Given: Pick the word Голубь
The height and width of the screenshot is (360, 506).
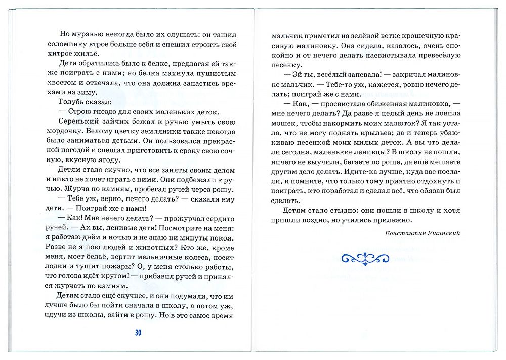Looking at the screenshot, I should (72, 102).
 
